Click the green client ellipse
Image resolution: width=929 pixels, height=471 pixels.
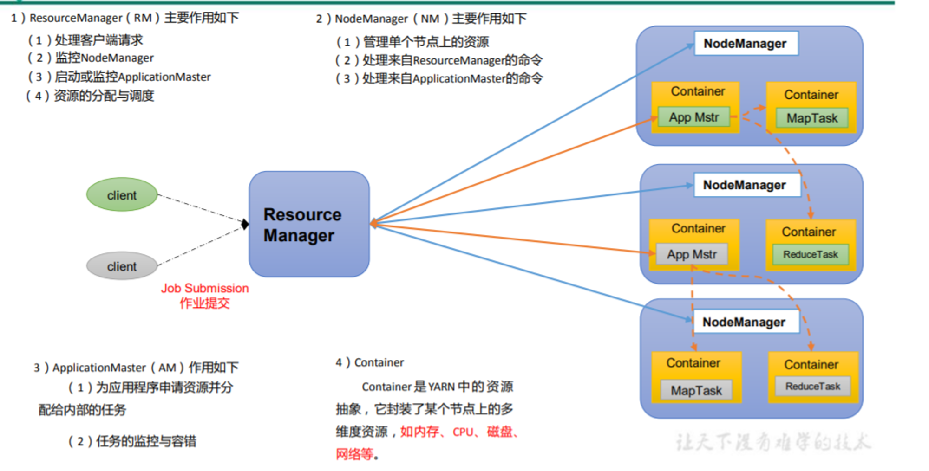pyautogui.click(x=122, y=194)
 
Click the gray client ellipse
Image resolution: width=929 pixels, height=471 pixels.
pyautogui.click(x=122, y=266)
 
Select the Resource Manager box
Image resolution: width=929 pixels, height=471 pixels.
pyautogui.click(x=309, y=224)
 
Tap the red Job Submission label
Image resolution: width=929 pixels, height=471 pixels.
pyautogui.click(x=205, y=288)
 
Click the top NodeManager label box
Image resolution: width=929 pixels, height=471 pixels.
pyautogui.click(x=746, y=44)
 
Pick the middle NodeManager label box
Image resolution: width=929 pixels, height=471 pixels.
pyautogui.click(x=747, y=185)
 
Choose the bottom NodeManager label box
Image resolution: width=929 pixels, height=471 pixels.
pyautogui.click(x=746, y=322)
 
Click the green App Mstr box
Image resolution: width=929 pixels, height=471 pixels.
pyautogui.click(x=694, y=117)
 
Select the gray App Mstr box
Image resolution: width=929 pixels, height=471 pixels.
pyautogui.click(x=692, y=254)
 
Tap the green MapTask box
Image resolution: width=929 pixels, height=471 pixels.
pyautogui.click(x=812, y=118)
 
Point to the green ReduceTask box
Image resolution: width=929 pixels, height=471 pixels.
pyautogui.click(x=811, y=254)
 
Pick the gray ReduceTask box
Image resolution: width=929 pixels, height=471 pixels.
pyautogui.click(x=813, y=386)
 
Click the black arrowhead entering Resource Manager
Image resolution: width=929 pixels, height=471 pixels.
pyautogui.click(x=245, y=224)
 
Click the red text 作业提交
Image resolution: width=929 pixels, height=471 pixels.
pyautogui.click(x=205, y=303)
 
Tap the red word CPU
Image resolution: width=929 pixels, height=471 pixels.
pyautogui.click(x=463, y=432)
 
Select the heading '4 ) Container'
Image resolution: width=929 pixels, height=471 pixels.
pyautogui.click(x=370, y=362)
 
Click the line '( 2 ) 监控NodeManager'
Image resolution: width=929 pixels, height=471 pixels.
pyautogui.click(x=91, y=58)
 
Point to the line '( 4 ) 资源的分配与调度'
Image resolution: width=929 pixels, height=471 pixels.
pyautogui.click(x=90, y=96)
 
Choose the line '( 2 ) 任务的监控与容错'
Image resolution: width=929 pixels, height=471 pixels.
pyautogui.click(x=132, y=441)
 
